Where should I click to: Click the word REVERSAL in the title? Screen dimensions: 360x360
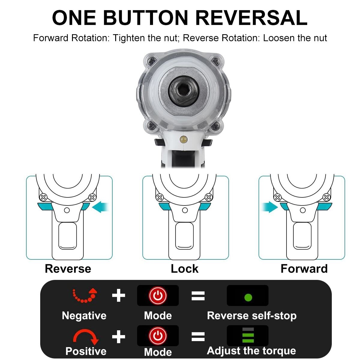[251, 18]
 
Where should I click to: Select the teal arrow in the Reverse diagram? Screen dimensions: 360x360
[100, 207]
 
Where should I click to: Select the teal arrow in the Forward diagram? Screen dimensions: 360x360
[270, 207]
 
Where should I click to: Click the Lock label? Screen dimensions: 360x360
[184, 269]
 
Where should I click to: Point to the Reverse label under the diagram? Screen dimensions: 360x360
[68, 269]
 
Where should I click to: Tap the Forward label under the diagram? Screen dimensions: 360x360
[304, 269]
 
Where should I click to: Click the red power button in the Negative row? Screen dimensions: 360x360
[158, 295]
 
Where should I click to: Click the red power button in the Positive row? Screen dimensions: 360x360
[158, 336]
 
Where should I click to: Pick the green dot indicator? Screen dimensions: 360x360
[248, 297]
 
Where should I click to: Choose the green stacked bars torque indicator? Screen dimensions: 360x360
[248, 335]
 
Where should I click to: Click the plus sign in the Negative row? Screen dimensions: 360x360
[118, 295]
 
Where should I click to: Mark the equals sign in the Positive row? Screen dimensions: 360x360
[198, 336]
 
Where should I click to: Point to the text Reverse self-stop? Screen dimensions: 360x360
[252, 316]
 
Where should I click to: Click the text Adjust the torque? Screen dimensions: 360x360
[251, 350]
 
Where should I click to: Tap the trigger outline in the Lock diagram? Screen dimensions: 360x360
[184, 236]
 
